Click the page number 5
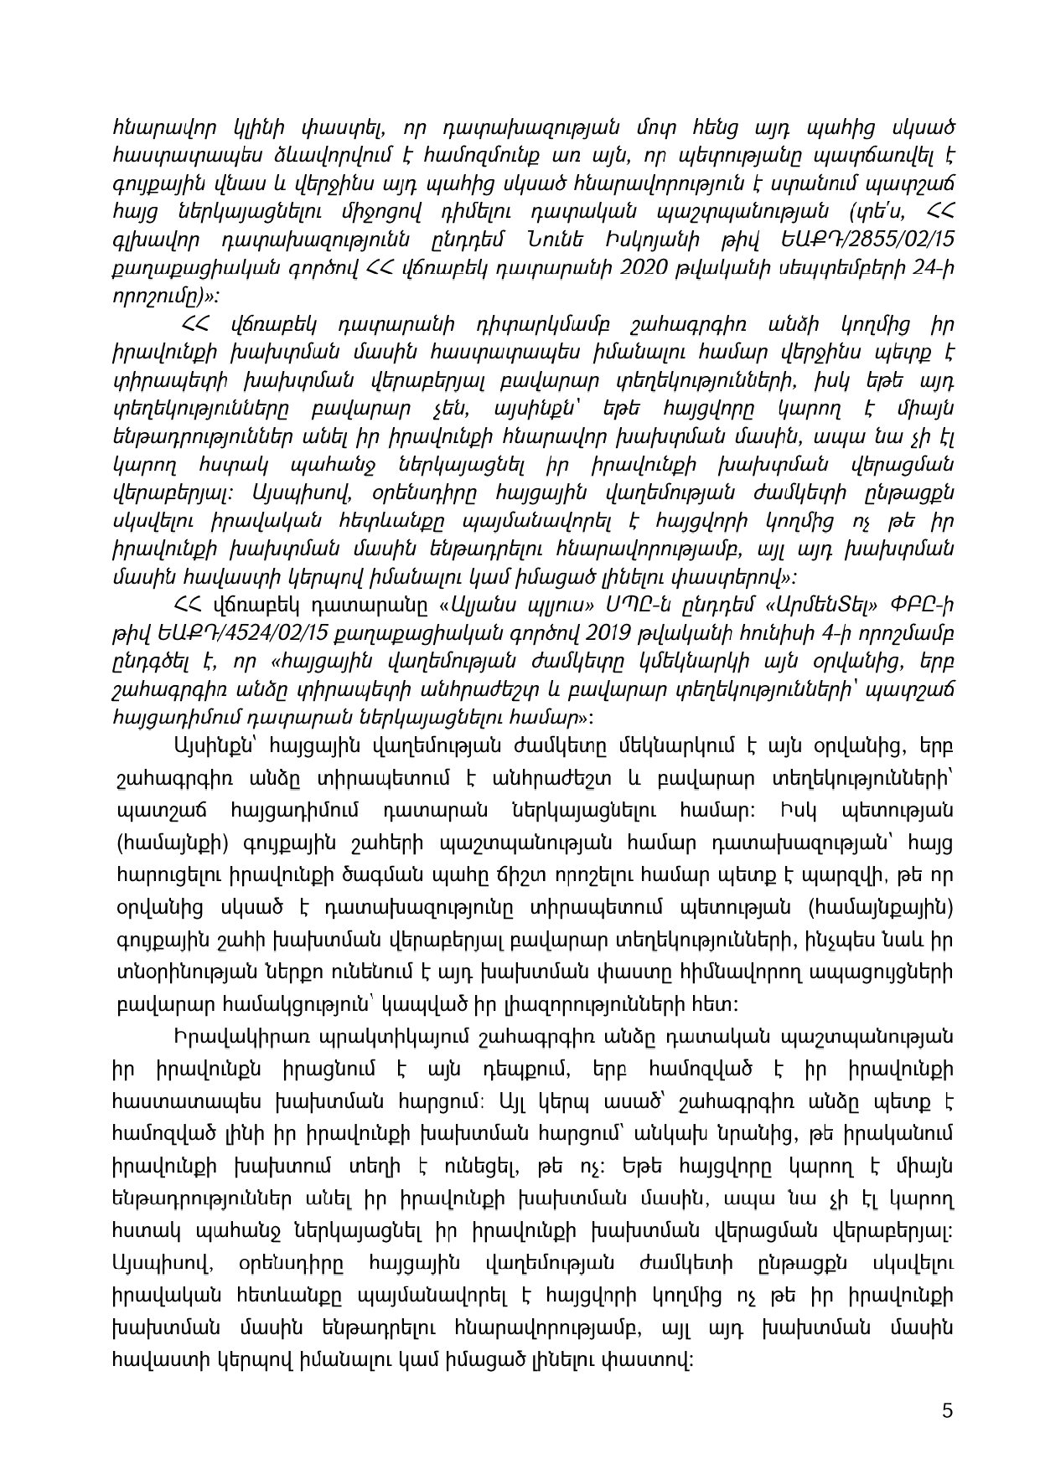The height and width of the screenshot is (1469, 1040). (948, 1410)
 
